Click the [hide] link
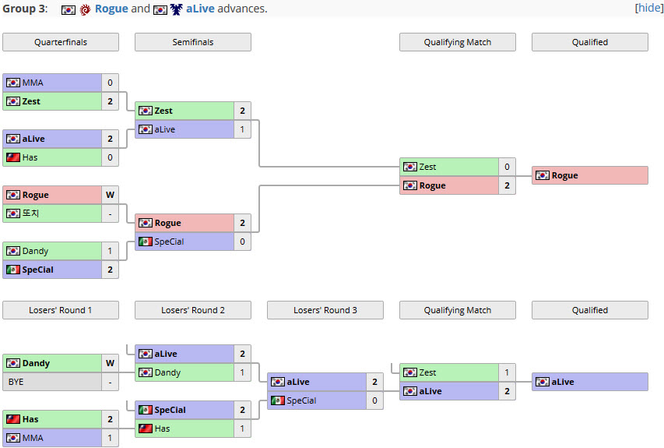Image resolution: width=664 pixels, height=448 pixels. coord(648,8)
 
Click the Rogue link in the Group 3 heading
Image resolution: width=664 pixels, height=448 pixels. coord(111,9)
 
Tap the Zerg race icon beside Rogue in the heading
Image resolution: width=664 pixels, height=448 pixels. coord(85,9)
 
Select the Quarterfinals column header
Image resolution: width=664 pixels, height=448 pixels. coord(61,42)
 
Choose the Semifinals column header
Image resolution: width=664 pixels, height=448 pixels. coord(193,42)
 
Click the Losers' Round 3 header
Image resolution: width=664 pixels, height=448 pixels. coord(325,310)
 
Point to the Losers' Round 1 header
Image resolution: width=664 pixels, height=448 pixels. coord(61,310)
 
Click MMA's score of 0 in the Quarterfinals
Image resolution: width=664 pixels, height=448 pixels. coord(110,83)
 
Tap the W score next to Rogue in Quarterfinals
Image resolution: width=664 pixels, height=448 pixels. coord(110,195)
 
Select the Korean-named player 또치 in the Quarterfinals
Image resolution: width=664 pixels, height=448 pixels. coord(30,213)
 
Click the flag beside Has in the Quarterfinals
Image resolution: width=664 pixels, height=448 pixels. coord(13,157)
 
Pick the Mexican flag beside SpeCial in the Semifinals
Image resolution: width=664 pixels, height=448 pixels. coord(146,242)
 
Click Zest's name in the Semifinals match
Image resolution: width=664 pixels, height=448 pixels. coord(163,111)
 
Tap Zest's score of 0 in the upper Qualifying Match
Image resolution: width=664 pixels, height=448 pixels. coord(507,167)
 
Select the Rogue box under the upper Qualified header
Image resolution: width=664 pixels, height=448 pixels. coord(590,175)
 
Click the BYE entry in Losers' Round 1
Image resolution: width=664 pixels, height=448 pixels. coord(16,382)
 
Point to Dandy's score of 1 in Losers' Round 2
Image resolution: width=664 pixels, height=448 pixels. coord(242,372)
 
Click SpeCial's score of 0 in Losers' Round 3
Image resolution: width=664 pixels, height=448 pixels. coord(374,400)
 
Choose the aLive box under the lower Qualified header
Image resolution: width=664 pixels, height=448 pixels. coord(590,382)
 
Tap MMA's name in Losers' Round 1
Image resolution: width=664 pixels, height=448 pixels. coord(33,438)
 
